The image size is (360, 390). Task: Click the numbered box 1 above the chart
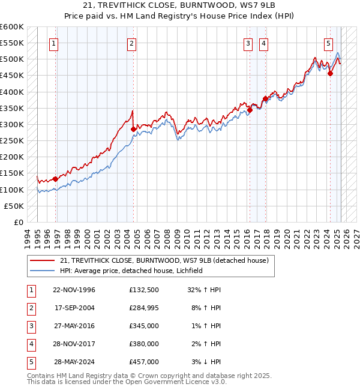coord(54,43)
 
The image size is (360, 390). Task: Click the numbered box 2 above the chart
coord(131,43)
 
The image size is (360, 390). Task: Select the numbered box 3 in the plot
coord(248,43)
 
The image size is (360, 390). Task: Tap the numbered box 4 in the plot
coord(263,43)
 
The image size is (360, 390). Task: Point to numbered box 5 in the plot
coord(329,43)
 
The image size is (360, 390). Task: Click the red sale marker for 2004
coord(133,129)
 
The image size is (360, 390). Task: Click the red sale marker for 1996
coord(55,179)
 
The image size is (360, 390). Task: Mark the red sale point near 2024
coord(330,73)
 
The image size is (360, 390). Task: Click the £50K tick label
coord(14,206)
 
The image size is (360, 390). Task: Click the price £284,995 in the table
coord(144,308)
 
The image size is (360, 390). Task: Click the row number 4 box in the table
coord(30,344)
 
